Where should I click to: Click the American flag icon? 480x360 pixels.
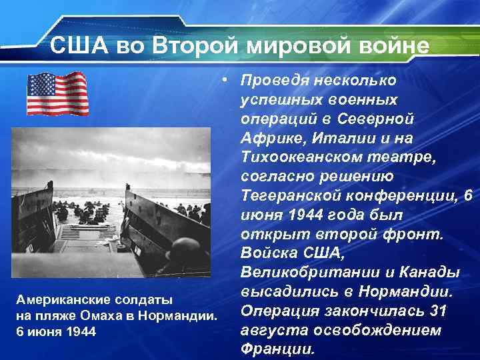[57, 94]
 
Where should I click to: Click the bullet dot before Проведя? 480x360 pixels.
[227, 80]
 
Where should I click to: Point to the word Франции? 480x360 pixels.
[275, 349]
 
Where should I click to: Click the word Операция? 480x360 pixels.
[277, 311]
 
